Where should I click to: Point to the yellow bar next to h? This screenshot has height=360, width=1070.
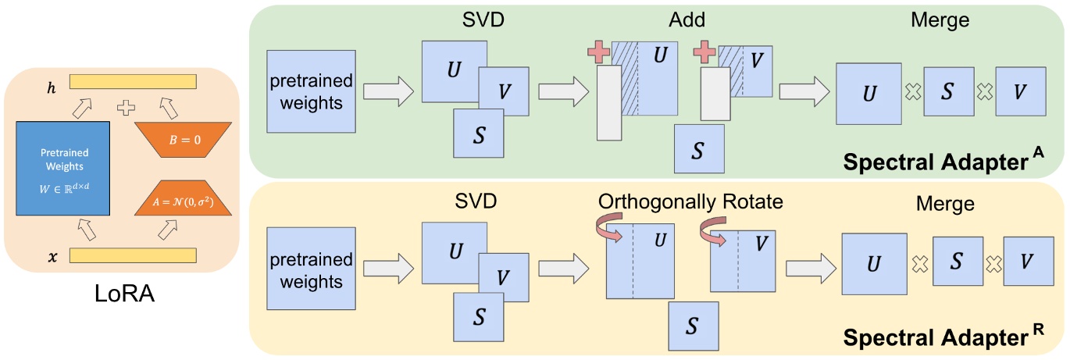coord(133,81)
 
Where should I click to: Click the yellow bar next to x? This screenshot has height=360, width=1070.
coord(133,255)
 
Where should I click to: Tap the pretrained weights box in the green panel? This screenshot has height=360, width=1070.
coord(312,91)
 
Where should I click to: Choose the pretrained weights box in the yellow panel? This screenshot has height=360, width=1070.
coord(312,269)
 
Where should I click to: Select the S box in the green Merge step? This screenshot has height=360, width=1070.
coord(948,91)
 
